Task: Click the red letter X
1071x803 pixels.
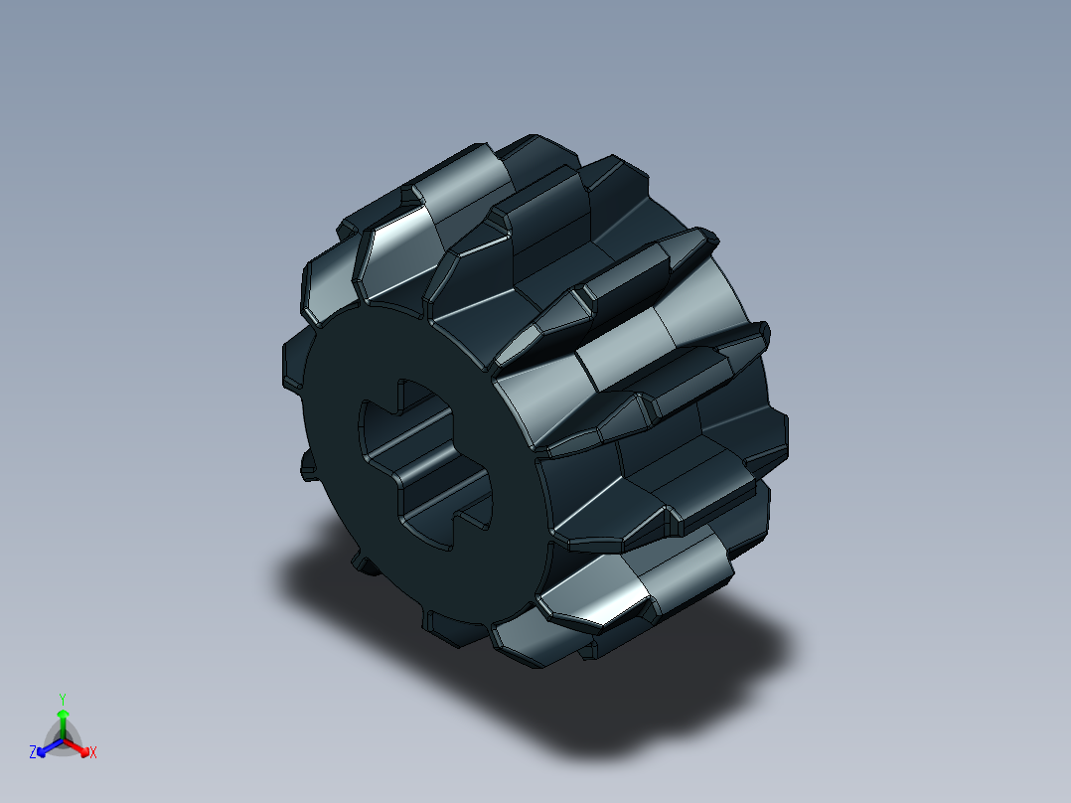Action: [92, 753]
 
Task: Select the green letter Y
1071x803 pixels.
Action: [62, 699]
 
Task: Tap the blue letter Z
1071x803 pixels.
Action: [33, 753]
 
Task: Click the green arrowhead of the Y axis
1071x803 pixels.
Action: [62, 714]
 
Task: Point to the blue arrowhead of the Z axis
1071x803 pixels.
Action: [43, 748]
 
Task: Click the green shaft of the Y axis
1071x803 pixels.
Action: [62, 726]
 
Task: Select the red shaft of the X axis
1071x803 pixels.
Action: [73, 744]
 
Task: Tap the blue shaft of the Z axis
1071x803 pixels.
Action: [52, 744]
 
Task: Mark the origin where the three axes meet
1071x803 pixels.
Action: [62, 739]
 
